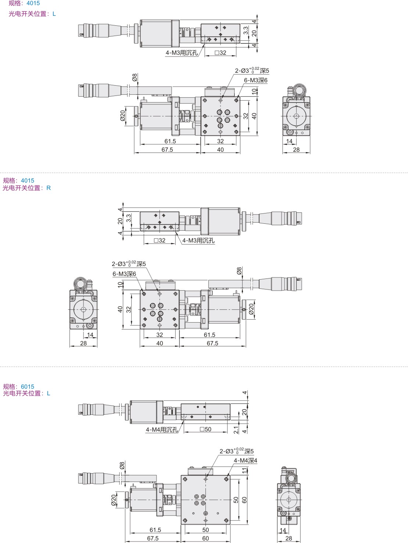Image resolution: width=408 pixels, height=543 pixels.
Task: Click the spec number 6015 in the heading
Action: point(28,386)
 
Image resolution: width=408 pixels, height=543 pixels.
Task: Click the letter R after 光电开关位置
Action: point(49,188)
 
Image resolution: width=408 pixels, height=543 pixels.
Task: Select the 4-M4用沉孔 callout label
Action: point(162,429)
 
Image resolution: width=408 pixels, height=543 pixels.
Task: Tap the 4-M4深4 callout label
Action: point(246,460)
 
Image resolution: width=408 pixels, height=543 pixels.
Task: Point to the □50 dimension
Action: point(205,429)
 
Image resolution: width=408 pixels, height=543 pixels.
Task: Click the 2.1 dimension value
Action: point(236,430)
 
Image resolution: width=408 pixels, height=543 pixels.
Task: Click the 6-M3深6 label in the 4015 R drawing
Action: point(124,274)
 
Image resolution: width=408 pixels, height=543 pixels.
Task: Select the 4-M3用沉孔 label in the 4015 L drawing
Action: point(182,53)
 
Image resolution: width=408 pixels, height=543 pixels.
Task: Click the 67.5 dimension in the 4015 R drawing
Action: point(212,343)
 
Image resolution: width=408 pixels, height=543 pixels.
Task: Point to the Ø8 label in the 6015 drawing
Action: point(122,465)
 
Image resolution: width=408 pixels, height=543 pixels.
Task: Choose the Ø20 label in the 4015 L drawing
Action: point(123,116)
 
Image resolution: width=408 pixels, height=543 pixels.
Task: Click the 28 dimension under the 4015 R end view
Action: point(83,343)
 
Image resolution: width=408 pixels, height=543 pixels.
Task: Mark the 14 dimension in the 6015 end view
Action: point(283,531)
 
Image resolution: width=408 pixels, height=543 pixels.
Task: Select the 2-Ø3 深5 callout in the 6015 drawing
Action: point(237,451)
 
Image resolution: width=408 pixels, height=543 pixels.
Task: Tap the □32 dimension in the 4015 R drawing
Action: point(160,240)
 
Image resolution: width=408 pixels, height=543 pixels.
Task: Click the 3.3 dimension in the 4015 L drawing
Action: point(246,30)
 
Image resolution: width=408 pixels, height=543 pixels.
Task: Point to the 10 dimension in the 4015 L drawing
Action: point(254,91)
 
